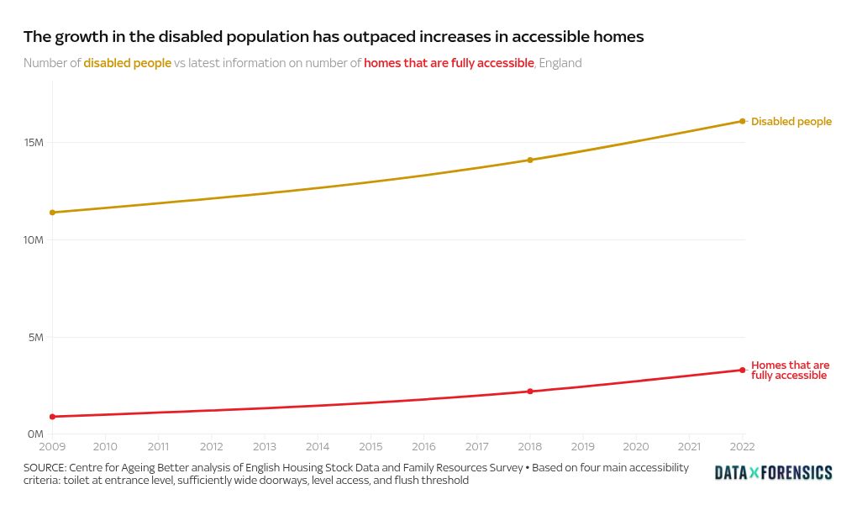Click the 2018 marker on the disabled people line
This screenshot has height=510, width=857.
point(530,160)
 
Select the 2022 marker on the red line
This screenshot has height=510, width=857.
point(743,370)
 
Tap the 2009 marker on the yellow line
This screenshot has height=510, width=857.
point(52,213)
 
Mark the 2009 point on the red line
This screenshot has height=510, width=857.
point(52,417)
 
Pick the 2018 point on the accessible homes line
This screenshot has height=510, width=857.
point(530,392)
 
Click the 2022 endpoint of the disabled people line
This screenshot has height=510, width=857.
point(743,121)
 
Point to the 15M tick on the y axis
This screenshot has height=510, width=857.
point(34,143)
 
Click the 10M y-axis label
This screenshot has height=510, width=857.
point(34,240)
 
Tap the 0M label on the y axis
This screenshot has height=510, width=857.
point(34,434)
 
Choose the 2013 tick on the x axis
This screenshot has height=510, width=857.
point(265,446)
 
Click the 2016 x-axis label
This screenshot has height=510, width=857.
point(423,446)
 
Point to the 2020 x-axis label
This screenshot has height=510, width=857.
point(636,446)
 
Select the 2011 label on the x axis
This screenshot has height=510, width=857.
point(158,446)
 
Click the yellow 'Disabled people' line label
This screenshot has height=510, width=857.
point(791,122)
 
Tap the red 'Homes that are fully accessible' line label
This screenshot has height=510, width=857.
point(790,371)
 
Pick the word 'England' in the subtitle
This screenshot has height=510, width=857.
point(560,63)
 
